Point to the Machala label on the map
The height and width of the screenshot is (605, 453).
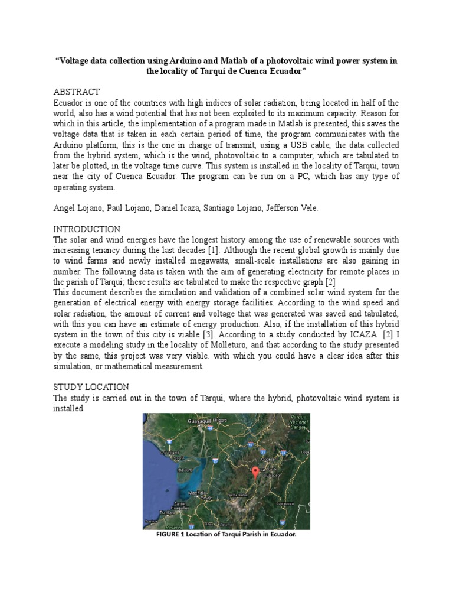point(195,493)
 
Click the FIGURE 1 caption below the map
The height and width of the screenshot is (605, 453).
point(226,534)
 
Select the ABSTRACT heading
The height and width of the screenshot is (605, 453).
point(77,92)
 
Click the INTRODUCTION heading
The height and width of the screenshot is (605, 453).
point(87,229)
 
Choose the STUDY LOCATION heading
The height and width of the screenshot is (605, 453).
point(91,387)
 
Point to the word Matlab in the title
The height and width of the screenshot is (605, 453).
point(238,60)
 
